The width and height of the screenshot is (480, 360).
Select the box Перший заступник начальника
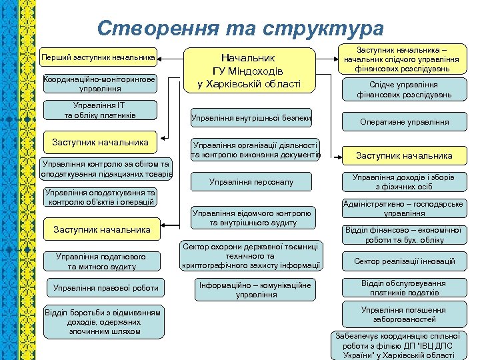[x=98, y=57]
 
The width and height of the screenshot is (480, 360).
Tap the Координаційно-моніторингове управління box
[x=99, y=83]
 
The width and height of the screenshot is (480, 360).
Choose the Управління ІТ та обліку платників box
[x=99, y=110]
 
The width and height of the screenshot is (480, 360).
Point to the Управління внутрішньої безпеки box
[x=251, y=119]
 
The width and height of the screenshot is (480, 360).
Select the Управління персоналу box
[x=251, y=181]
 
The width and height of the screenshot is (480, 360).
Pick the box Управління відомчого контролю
[x=251, y=218]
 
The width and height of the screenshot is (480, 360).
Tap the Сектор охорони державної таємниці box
[x=251, y=256]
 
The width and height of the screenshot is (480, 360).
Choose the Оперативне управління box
[x=405, y=122]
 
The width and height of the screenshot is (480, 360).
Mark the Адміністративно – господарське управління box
[x=405, y=209]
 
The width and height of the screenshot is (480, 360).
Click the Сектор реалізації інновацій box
[x=405, y=261]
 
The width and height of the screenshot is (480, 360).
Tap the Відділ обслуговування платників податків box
[x=405, y=288]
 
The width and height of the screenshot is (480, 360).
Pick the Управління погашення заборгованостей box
[x=405, y=315]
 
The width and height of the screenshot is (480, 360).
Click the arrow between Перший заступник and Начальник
[x=171, y=57]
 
